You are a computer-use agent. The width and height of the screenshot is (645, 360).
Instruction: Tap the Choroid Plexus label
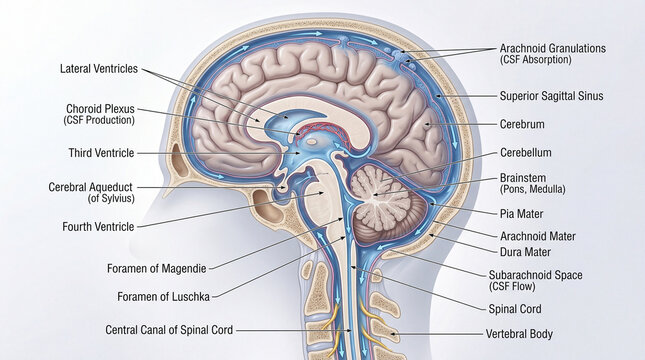[x=100, y=108]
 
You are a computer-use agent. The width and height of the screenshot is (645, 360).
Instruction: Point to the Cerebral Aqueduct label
[x=90, y=187]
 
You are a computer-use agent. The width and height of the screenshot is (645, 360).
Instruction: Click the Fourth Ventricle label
[x=96, y=227]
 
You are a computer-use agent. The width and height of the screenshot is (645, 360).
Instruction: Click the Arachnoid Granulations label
[x=552, y=48]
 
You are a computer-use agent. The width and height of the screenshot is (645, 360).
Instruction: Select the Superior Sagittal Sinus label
[x=551, y=96]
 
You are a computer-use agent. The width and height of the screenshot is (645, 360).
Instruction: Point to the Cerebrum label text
[x=521, y=125]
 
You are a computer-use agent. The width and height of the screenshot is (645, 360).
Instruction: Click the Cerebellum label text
[x=525, y=153]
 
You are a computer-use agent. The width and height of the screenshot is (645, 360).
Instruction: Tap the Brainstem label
[x=522, y=177]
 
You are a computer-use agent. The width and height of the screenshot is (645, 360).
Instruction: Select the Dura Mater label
[x=524, y=252]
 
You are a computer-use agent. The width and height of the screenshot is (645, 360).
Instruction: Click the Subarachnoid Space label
[x=535, y=274]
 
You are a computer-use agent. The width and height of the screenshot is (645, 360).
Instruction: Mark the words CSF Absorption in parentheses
[x=535, y=60]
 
